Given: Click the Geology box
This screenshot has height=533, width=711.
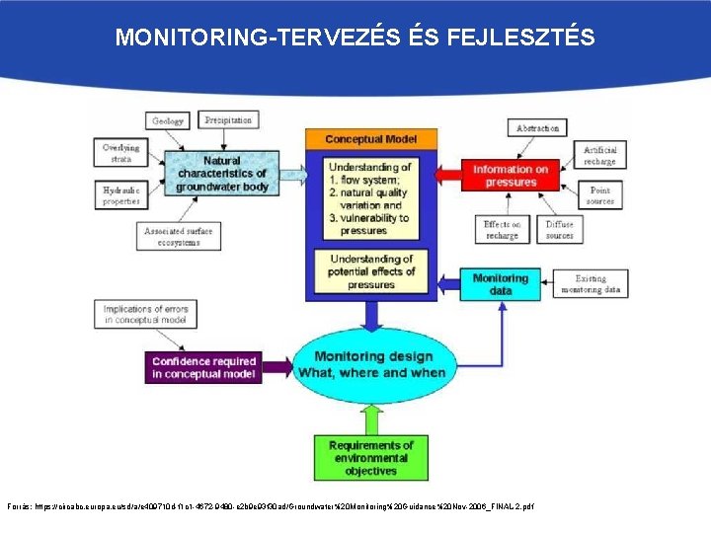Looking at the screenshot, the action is [x=168, y=121].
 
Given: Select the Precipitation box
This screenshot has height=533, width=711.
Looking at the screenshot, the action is [x=227, y=120].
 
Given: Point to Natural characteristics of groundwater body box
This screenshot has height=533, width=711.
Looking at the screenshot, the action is [x=222, y=174].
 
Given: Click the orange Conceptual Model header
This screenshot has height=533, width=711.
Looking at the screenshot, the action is [x=369, y=139].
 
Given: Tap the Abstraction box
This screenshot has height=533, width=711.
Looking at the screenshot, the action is [x=538, y=128].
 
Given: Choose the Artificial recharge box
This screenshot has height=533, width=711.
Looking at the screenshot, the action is [x=598, y=155].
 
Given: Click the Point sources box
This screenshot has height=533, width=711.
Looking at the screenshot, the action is [x=598, y=195].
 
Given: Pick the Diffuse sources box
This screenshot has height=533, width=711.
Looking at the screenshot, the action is [x=559, y=230].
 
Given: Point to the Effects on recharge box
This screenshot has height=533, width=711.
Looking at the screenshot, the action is [x=502, y=230].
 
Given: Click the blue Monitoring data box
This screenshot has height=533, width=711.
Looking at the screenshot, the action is [x=501, y=284].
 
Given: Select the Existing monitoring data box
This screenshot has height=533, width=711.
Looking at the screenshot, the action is [x=591, y=284].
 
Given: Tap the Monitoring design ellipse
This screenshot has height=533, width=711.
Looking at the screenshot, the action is [x=371, y=364].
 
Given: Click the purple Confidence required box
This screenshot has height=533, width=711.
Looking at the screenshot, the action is [x=203, y=367].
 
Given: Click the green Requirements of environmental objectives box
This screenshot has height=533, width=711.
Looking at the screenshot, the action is [x=370, y=458].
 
